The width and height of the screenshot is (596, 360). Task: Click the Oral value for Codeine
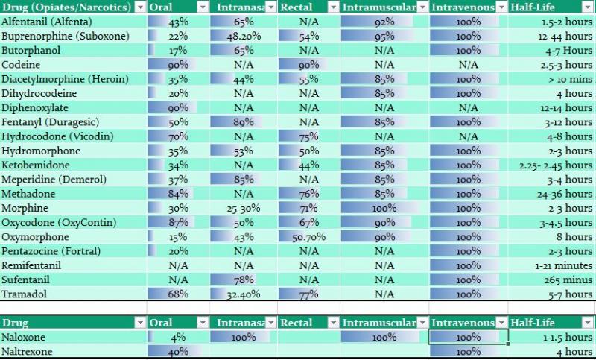tap(178, 65)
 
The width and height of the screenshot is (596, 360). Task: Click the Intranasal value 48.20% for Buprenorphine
tap(243, 36)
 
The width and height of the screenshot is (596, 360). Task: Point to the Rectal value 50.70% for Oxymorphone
tap(308, 236)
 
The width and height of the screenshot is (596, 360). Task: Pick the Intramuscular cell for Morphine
tap(384, 208)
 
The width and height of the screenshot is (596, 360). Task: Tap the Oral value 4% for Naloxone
tap(178, 337)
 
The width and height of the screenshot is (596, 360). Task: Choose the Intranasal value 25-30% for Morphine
tap(243, 208)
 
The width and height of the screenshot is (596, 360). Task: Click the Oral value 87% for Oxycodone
tap(178, 222)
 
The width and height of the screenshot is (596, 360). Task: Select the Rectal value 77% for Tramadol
tap(308, 294)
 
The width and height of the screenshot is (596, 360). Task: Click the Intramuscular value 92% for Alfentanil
tap(384, 22)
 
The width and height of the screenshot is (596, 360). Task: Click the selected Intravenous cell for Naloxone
tap(469, 337)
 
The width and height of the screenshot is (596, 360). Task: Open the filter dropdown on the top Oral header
tap(203, 7)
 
